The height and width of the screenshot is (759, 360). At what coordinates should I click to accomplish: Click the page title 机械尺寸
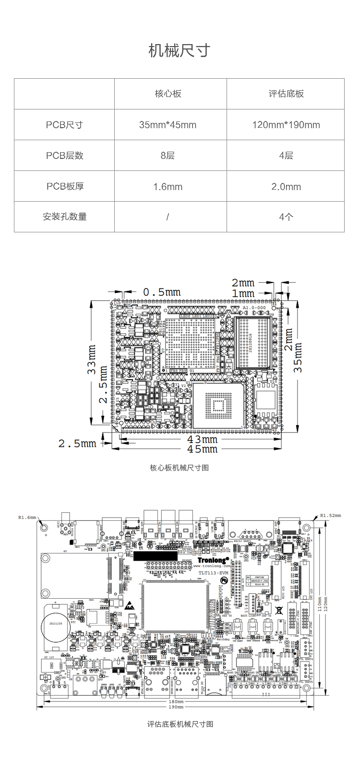click(x=180, y=50)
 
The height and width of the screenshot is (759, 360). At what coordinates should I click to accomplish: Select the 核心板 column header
click(x=168, y=94)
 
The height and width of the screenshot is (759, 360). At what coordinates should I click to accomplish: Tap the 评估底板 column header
click(x=286, y=94)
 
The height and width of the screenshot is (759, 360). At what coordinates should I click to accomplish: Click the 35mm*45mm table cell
click(x=168, y=125)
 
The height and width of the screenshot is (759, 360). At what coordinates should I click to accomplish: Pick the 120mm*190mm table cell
click(x=286, y=125)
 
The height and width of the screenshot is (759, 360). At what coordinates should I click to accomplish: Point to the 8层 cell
click(x=168, y=156)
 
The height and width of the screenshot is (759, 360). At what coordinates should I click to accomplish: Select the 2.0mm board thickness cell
click(x=286, y=186)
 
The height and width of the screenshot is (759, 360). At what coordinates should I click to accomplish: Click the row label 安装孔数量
click(x=65, y=217)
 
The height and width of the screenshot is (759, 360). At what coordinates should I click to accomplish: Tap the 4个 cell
click(x=286, y=217)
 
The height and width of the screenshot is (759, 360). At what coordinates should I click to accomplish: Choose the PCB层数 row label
click(x=65, y=156)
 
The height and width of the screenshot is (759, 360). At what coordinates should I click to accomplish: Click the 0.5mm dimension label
click(x=162, y=292)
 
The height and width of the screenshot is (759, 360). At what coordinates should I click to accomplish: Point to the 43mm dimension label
click(x=202, y=439)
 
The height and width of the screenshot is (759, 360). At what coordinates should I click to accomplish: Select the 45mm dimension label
click(x=202, y=449)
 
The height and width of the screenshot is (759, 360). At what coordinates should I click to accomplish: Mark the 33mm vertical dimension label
click(x=92, y=360)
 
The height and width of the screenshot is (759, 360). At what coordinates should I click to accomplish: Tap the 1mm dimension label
click(x=243, y=293)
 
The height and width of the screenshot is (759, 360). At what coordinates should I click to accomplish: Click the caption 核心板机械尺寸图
click(x=180, y=468)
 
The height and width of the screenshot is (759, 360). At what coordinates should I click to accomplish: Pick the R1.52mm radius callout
click(x=330, y=516)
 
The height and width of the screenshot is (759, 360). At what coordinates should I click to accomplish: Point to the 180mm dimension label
click(x=176, y=701)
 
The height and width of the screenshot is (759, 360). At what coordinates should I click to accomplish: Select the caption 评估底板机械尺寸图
click(x=180, y=724)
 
